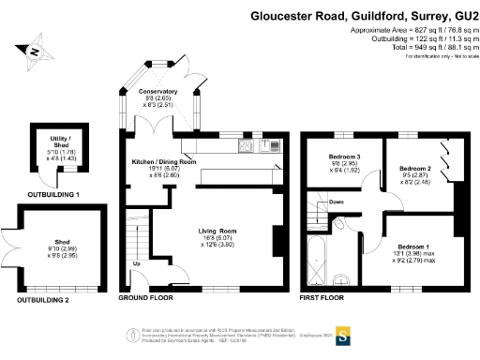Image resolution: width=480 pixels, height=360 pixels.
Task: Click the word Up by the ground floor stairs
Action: (x=137, y=263)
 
